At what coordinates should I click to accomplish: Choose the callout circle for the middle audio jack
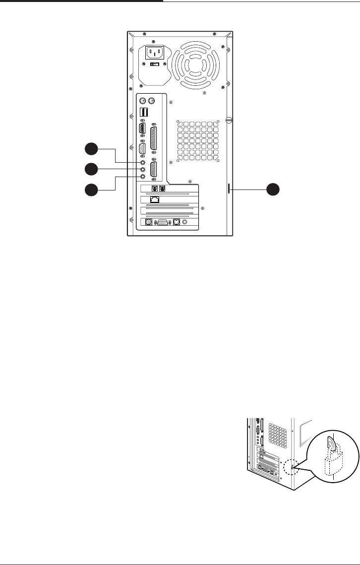(91, 169)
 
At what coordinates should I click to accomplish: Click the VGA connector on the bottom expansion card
(163, 223)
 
